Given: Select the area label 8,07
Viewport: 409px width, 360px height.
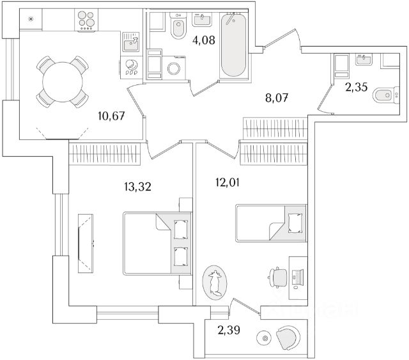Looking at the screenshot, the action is [279, 98].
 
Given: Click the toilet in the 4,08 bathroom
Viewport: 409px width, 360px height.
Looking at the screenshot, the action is [178, 27].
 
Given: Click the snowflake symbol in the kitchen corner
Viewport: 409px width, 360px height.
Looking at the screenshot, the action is [30, 18].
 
